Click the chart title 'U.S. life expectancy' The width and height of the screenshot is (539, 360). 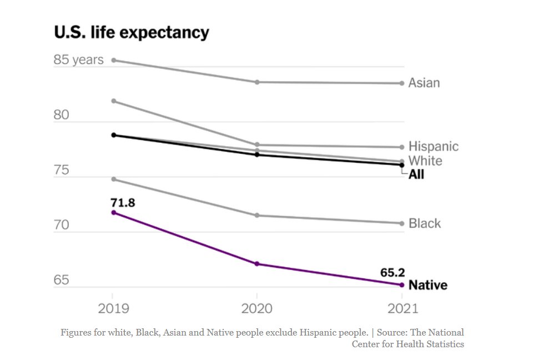click(x=132, y=32)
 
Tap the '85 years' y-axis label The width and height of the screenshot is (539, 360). click(x=78, y=59)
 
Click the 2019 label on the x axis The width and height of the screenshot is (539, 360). click(x=113, y=308)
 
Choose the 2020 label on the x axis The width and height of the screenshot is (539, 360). click(x=256, y=308)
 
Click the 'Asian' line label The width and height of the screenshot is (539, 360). click(x=424, y=83)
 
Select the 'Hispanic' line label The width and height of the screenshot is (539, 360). click(x=434, y=147)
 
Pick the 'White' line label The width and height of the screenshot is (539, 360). click(x=425, y=161)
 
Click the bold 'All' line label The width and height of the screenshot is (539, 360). click(x=416, y=174)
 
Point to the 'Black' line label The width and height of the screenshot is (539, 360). click(x=425, y=223)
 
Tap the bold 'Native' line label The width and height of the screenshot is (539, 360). click(x=427, y=286)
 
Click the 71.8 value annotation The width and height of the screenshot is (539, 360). click(x=123, y=203)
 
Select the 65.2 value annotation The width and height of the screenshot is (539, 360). click(x=392, y=273)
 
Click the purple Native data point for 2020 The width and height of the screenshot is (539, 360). click(x=257, y=264)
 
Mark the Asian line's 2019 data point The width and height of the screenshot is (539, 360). click(x=113, y=60)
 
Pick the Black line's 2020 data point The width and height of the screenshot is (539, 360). click(x=257, y=216)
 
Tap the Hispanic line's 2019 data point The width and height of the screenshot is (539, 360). click(x=113, y=101)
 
